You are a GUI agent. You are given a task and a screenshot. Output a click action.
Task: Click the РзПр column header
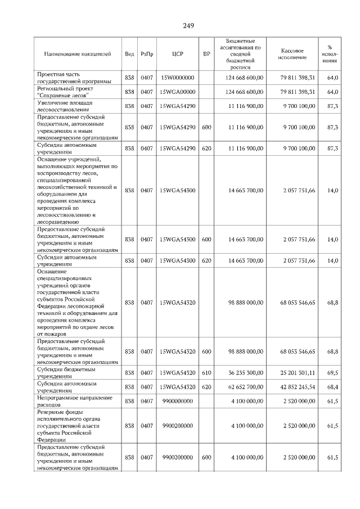(147, 54)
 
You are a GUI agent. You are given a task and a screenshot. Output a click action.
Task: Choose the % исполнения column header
(332, 54)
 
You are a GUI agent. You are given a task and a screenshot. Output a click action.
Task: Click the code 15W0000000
(177, 78)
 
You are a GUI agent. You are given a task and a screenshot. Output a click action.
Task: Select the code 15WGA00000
(177, 92)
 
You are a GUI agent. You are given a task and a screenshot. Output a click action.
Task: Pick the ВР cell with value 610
(206, 373)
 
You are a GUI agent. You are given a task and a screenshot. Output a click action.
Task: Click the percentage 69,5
(332, 373)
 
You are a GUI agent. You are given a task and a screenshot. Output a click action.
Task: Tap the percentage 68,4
(332, 387)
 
